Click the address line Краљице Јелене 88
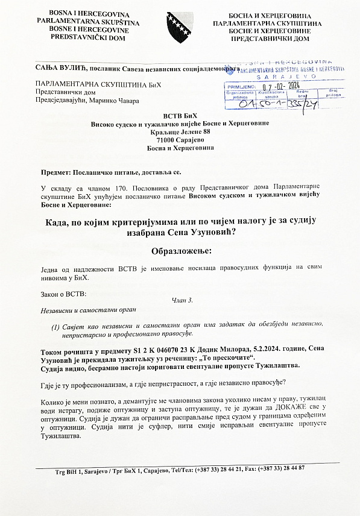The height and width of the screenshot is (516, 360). (x=180, y=131)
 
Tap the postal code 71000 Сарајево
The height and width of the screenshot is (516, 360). (x=180, y=139)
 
